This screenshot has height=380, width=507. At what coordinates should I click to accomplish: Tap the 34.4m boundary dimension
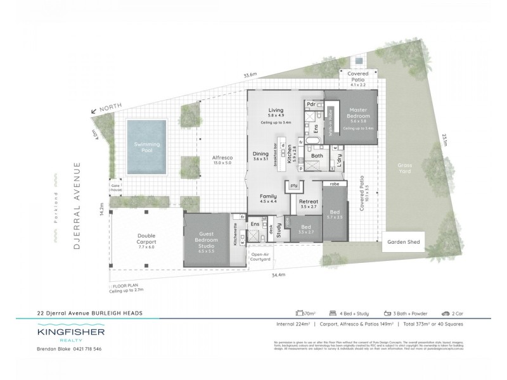click(x=279, y=274)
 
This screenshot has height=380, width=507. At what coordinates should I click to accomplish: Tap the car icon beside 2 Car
click(x=446, y=313)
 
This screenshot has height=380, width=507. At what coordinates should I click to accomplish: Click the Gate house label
click(x=116, y=187)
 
